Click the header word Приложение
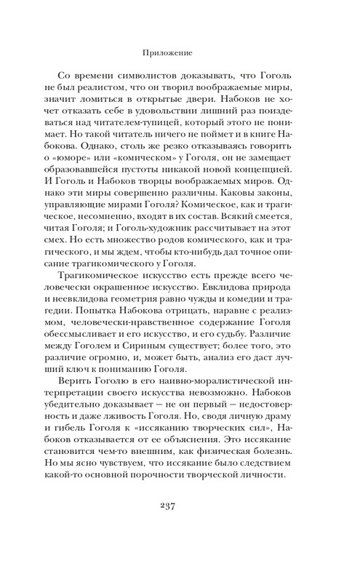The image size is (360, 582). [x=180, y=52]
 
